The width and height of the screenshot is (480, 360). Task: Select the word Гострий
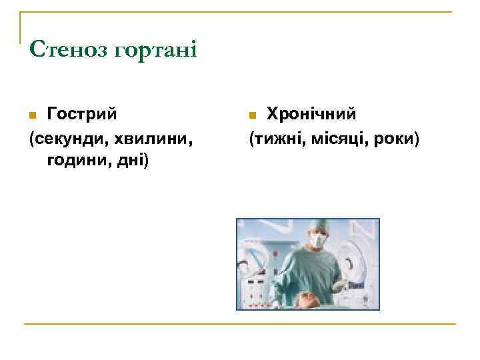(81, 113)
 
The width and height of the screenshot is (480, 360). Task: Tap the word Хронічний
(311, 113)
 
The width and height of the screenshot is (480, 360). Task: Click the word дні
(131, 161)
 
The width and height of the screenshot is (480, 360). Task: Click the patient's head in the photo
(309, 299)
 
